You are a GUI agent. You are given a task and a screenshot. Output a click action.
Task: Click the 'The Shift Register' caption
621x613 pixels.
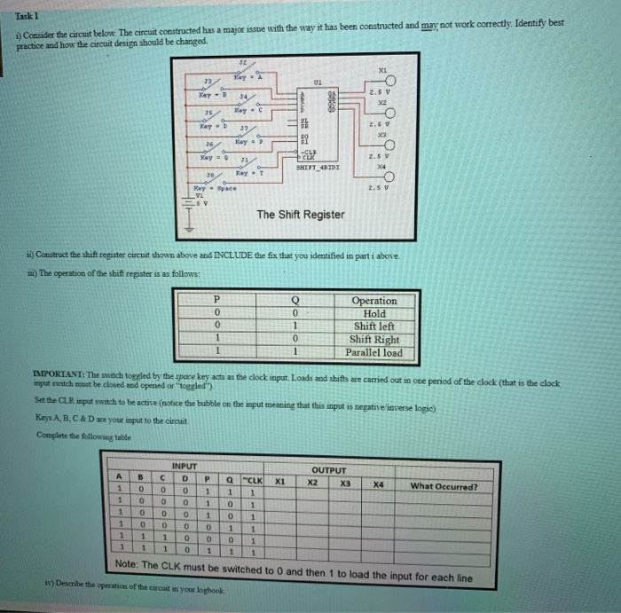pyautogui.click(x=302, y=214)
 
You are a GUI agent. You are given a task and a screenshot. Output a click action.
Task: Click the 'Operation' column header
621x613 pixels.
pyautogui.click(x=374, y=300)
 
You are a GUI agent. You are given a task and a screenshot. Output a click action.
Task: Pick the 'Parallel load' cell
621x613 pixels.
pyautogui.click(x=374, y=352)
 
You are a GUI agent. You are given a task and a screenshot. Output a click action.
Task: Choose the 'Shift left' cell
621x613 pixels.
pyautogui.click(x=374, y=326)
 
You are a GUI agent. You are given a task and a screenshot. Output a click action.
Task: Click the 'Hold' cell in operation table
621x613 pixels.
pyautogui.click(x=374, y=313)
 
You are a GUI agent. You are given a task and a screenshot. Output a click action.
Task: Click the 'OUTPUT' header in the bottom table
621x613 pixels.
pyautogui.click(x=327, y=472)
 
